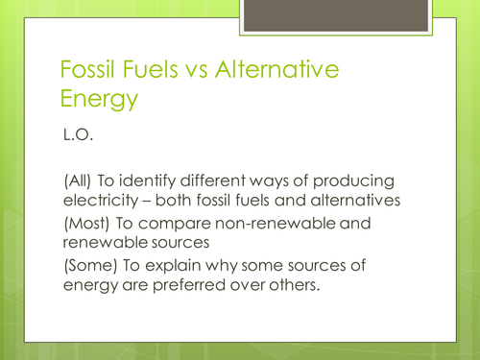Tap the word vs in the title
click(x=193, y=70)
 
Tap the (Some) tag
click(x=87, y=265)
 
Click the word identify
click(x=149, y=182)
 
